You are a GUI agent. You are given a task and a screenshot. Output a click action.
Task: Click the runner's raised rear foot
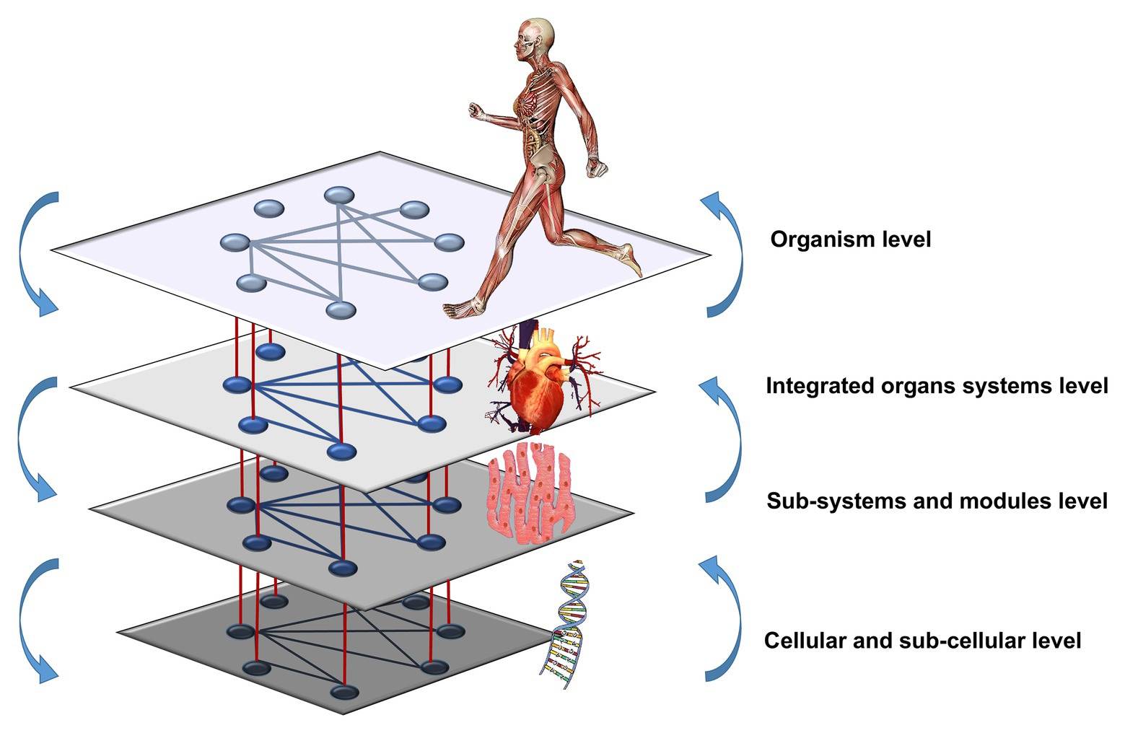tap(632, 260)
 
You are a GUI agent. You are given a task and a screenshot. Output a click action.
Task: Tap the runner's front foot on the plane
tap(462, 309)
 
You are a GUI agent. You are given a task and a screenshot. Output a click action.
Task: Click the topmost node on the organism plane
tap(339, 195)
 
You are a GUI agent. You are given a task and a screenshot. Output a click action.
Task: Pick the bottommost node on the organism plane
tap(341, 311)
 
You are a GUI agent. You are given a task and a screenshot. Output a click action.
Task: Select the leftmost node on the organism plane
tap(235, 242)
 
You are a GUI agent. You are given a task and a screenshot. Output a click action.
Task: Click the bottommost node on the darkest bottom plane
tap(344, 693)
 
